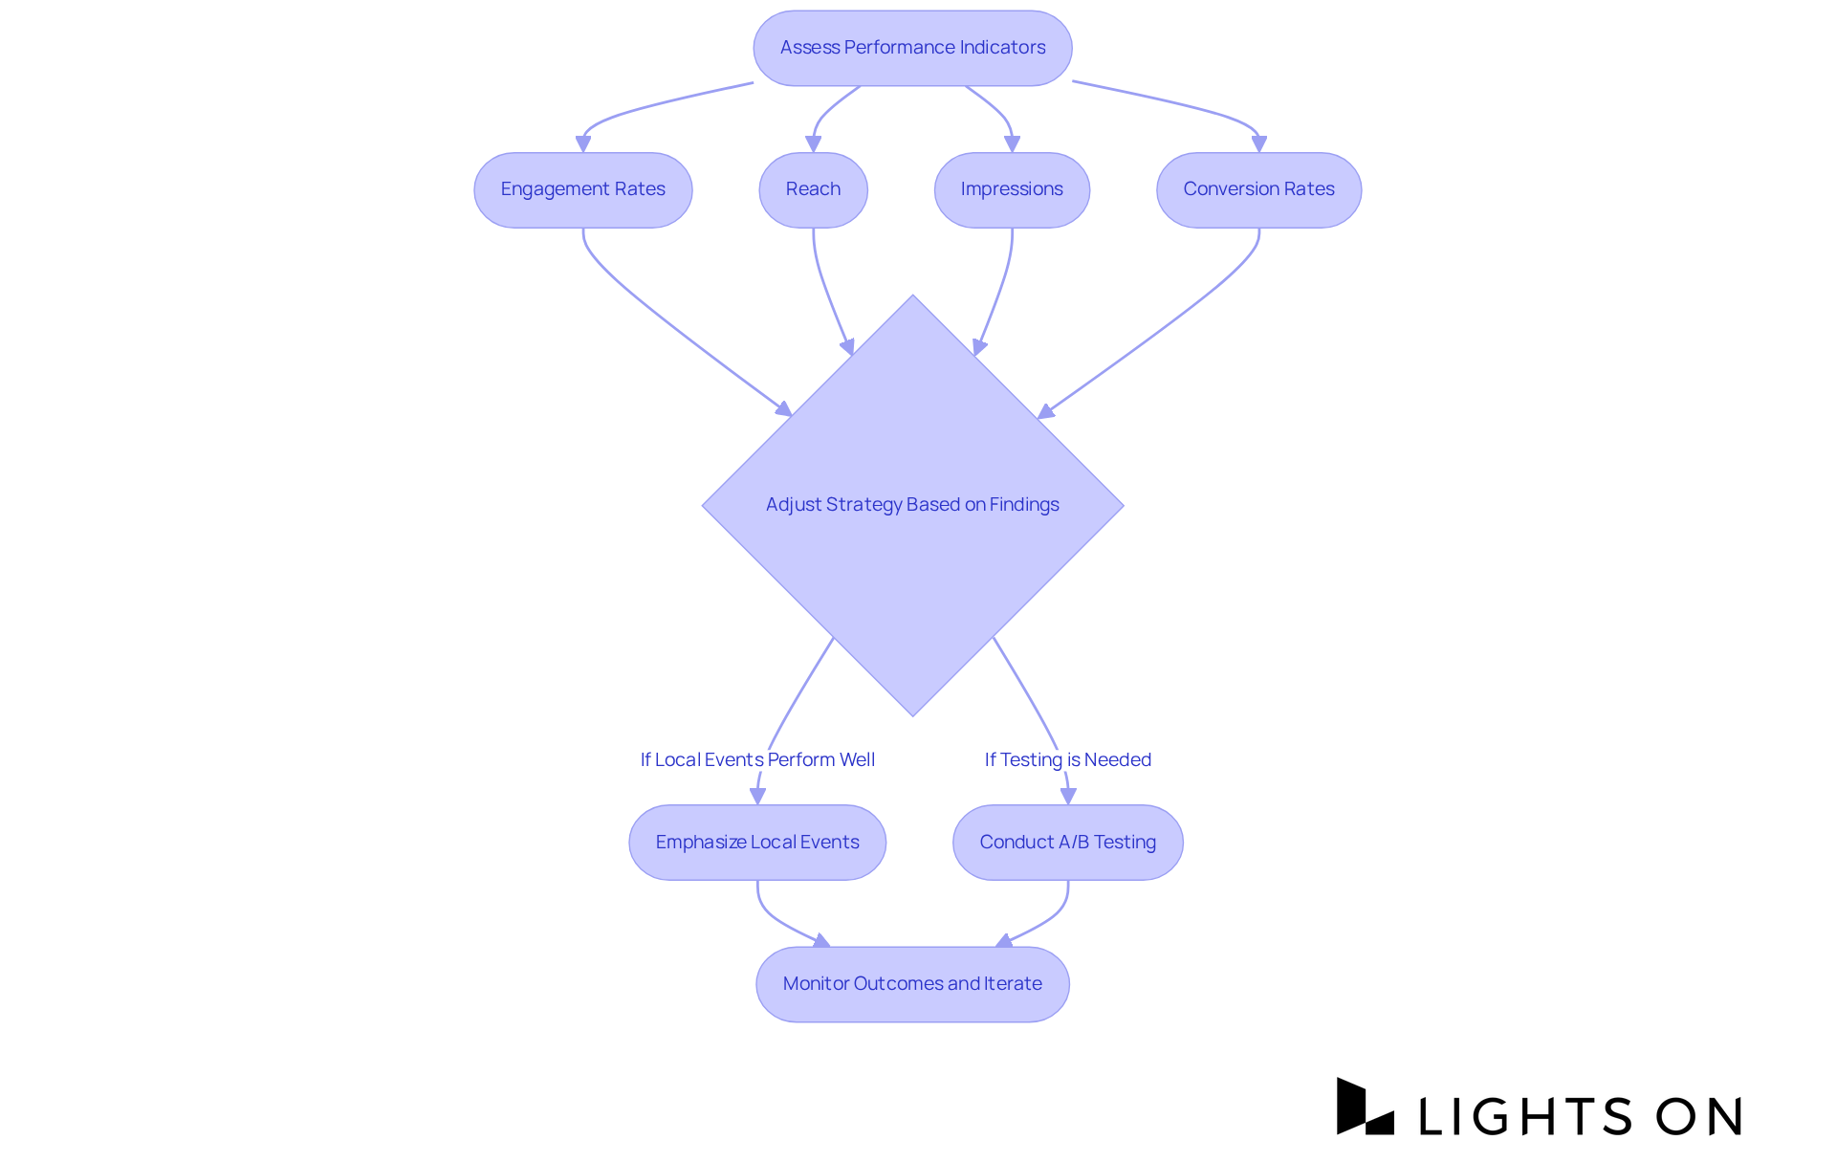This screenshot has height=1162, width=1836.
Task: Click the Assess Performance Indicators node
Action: pyautogui.click(x=912, y=48)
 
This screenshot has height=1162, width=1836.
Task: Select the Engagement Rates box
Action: pyautogui.click(x=582, y=189)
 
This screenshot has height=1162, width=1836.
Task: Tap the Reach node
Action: pyautogui.click(x=813, y=189)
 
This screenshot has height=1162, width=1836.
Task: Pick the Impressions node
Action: pyautogui.click(x=1012, y=189)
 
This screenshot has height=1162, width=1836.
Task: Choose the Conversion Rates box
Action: pyautogui.click(x=1258, y=189)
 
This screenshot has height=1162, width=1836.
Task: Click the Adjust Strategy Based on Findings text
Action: pyautogui.click(x=912, y=504)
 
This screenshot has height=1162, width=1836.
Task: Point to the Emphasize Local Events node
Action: pyautogui.click(x=756, y=842)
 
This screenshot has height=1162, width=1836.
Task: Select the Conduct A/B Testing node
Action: pyautogui.click(x=1067, y=842)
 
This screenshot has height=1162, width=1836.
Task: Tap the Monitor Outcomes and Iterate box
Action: pyautogui.click(x=912, y=983)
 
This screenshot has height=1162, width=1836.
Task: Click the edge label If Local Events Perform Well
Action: pyautogui.click(x=757, y=759)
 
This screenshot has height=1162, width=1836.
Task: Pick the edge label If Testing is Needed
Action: pyautogui.click(x=1067, y=759)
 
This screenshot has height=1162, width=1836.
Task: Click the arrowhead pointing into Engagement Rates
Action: pyautogui.click(x=583, y=144)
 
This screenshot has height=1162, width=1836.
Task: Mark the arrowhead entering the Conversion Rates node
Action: pyautogui.click(x=1258, y=144)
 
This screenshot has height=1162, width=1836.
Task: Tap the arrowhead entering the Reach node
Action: pyautogui.click(x=814, y=144)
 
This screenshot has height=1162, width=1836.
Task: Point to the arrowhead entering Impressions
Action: pyautogui.click(x=1012, y=144)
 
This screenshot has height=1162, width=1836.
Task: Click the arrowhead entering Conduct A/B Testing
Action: pyautogui.click(x=1068, y=796)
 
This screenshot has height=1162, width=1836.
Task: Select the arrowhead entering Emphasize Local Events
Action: pyautogui.click(x=757, y=796)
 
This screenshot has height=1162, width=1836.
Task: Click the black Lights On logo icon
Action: pyautogui.click(x=1365, y=1107)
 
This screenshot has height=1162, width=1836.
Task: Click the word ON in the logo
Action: pyautogui.click(x=1698, y=1116)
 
